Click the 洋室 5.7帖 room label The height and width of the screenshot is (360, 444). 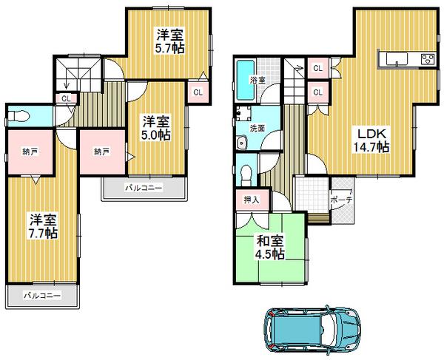(x=169, y=40)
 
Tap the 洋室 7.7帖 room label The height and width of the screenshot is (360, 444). (x=44, y=226)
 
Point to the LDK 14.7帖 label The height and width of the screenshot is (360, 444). (x=369, y=140)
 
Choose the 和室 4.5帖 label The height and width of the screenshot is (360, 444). (x=271, y=245)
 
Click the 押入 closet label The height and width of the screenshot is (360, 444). (x=252, y=199)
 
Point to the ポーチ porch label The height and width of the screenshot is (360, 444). (x=341, y=200)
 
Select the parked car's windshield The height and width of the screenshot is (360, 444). (x=325, y=326)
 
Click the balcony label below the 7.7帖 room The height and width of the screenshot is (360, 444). (x=41, y=294)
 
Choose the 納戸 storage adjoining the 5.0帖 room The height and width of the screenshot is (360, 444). (x=102, y=152)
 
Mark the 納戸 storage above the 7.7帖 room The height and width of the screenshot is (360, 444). (x=30, y=152)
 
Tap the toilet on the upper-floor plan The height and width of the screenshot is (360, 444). (x=21, y=116)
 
